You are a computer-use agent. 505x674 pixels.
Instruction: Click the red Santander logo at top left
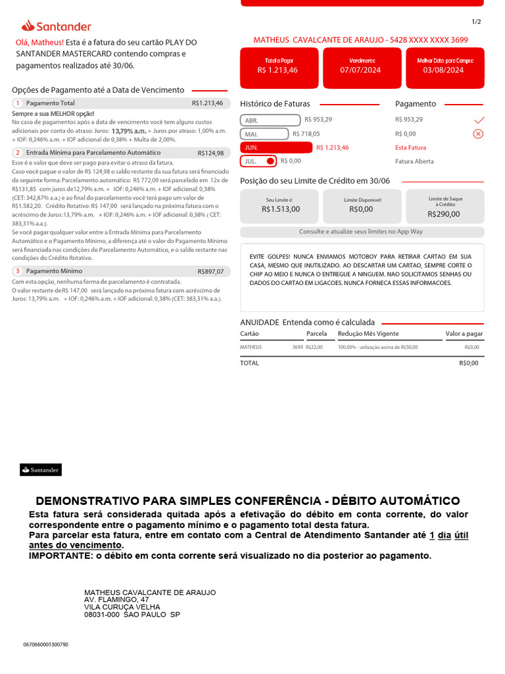pos(56,26)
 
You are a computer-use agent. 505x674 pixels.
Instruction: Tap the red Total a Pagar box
pos(277,66)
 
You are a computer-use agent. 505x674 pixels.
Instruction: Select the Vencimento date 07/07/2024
pos(360,70)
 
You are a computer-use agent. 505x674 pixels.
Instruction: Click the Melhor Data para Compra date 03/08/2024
pos(443,70)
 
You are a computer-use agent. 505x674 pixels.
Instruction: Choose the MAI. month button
pos(264,134)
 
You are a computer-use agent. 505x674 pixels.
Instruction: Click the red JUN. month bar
pos(276,147)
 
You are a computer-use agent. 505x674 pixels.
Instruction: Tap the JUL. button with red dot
pos(258,161)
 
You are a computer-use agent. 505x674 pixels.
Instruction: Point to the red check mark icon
pos(479,120)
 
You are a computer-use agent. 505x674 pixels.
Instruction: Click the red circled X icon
pos(478,134)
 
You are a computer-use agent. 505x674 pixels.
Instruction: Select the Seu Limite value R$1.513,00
pos(280,209)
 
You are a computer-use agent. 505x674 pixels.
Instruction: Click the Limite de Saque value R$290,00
pos(444,214)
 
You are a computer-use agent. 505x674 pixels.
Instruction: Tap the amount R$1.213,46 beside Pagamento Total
pos(207,103)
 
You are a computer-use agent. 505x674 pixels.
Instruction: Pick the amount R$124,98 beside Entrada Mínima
pos(210,153)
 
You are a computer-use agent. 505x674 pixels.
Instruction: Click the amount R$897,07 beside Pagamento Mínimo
pos(210,271)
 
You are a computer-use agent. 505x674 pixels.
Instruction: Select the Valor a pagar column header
pos(464,334)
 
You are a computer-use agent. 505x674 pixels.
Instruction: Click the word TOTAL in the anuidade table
pos(250,363)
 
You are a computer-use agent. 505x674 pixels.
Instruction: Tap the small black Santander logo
pos(41,469)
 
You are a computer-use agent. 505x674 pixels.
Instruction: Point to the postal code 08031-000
pos(102,614)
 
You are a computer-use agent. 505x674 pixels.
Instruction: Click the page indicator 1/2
pos(476,22)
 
